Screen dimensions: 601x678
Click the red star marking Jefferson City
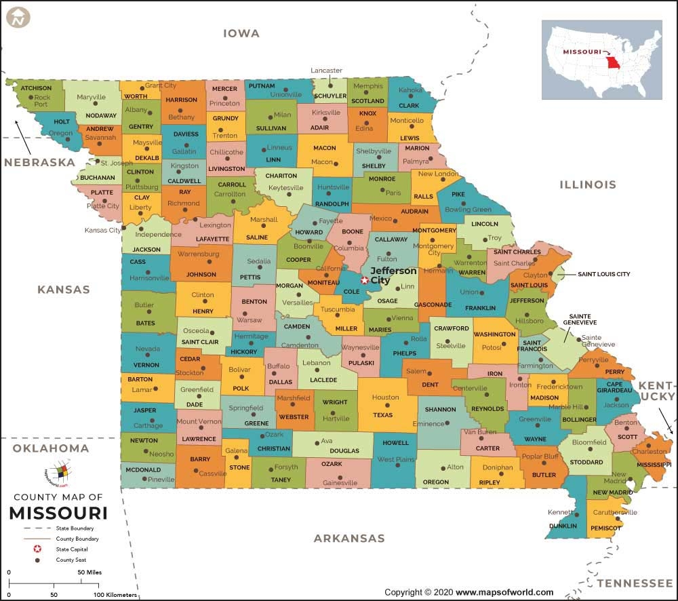[x=365, y=280]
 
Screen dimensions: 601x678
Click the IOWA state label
[x=241, y=33]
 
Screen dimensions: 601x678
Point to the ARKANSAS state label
[x=348, y=539]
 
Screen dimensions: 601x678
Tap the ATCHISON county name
[x=36, y=88]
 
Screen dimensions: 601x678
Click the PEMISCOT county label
[x=605, y=528]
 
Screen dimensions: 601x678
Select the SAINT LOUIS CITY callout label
[x=603, y=275]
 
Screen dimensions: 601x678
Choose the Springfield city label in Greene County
[x=245, y=408]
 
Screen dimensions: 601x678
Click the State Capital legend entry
[x=72, y=549]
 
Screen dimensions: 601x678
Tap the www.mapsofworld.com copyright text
[x=505, y=592]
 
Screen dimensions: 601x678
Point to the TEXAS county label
[x=382, y=415]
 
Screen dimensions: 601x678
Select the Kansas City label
[x=102, y=230]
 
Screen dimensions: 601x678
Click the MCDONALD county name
[x=143, y=469]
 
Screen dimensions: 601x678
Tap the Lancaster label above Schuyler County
[x=326, y=71]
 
